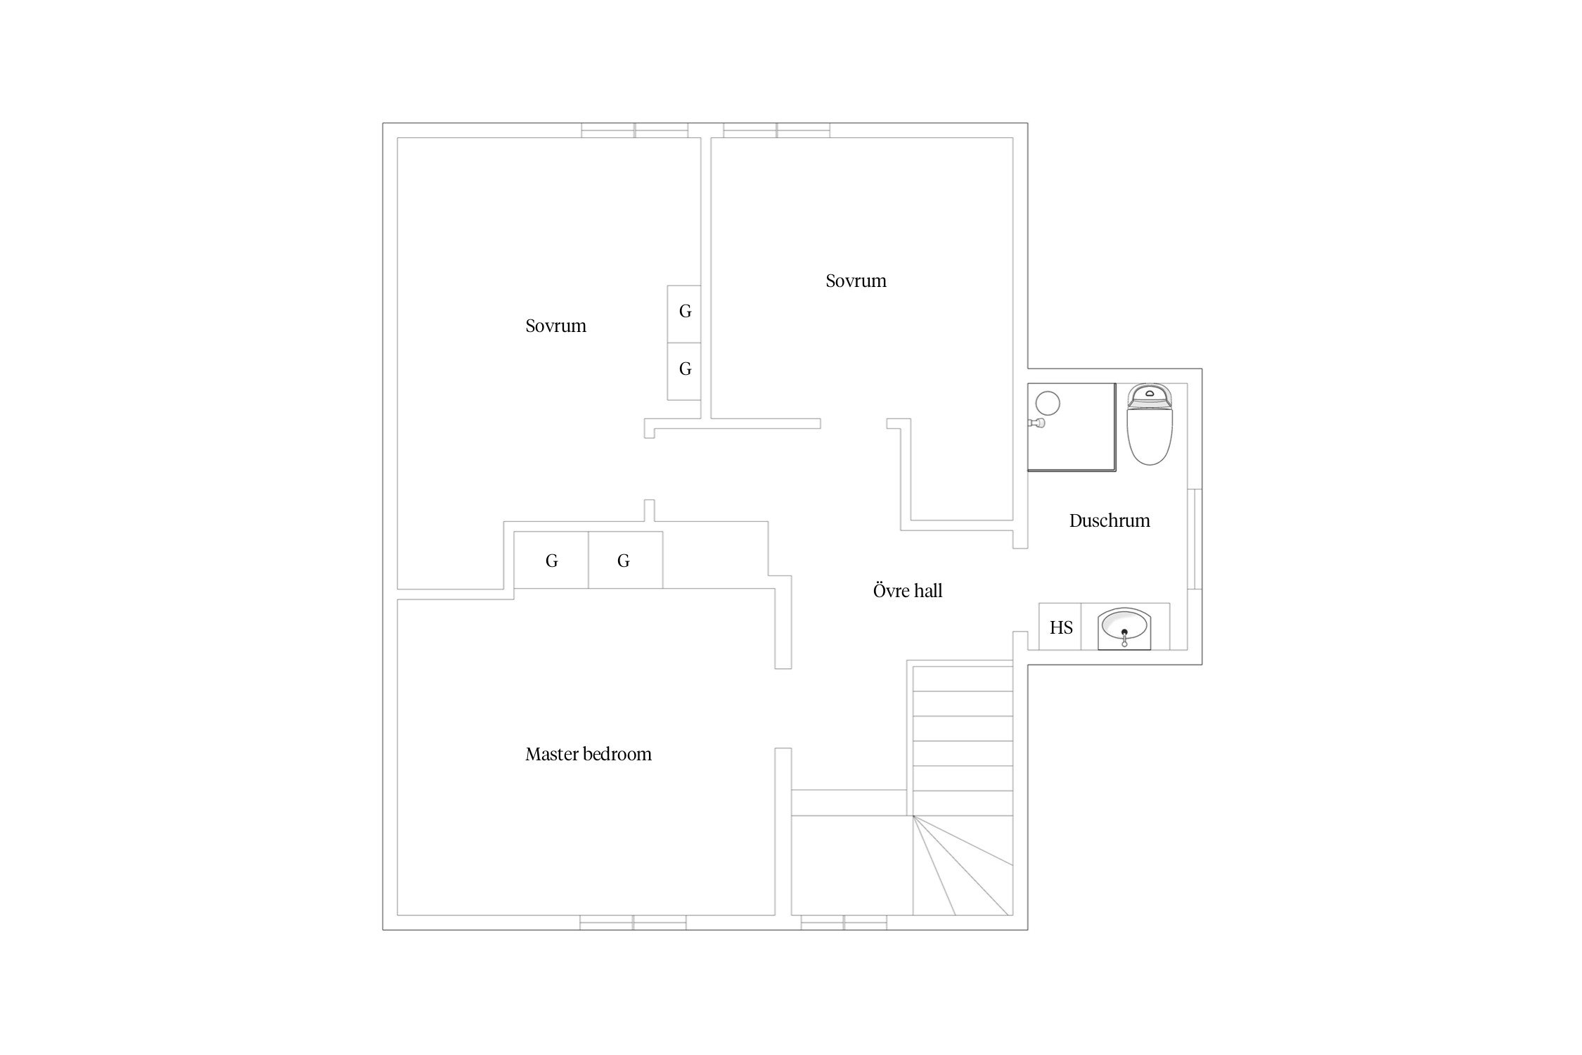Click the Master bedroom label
(x=589, y=754)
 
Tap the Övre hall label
(x=908, y=591)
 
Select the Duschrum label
(x=1110, y=520)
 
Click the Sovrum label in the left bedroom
(x=555, y=326)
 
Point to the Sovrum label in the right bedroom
(x=856, y=281)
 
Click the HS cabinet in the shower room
(x=1060, y=627)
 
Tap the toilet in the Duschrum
(x=1150, y=424)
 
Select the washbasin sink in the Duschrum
(x=1124, y=627)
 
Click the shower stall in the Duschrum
(x=1072, y=427)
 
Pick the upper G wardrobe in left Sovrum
(x=683, y=314)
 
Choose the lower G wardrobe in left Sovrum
(x=683, y=371)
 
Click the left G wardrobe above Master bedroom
(x=551, y=560)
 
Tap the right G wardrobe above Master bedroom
(x=625, y=560)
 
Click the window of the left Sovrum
(x=634, y=130)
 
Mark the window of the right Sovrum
(x=776, y=130)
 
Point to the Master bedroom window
(x=633, y=923)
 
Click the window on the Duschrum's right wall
(x=1195, y=539)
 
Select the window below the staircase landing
(x=844, y=923)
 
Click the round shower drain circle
(x=1047, y=403)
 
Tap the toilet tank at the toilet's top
(x=1150, y=395)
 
